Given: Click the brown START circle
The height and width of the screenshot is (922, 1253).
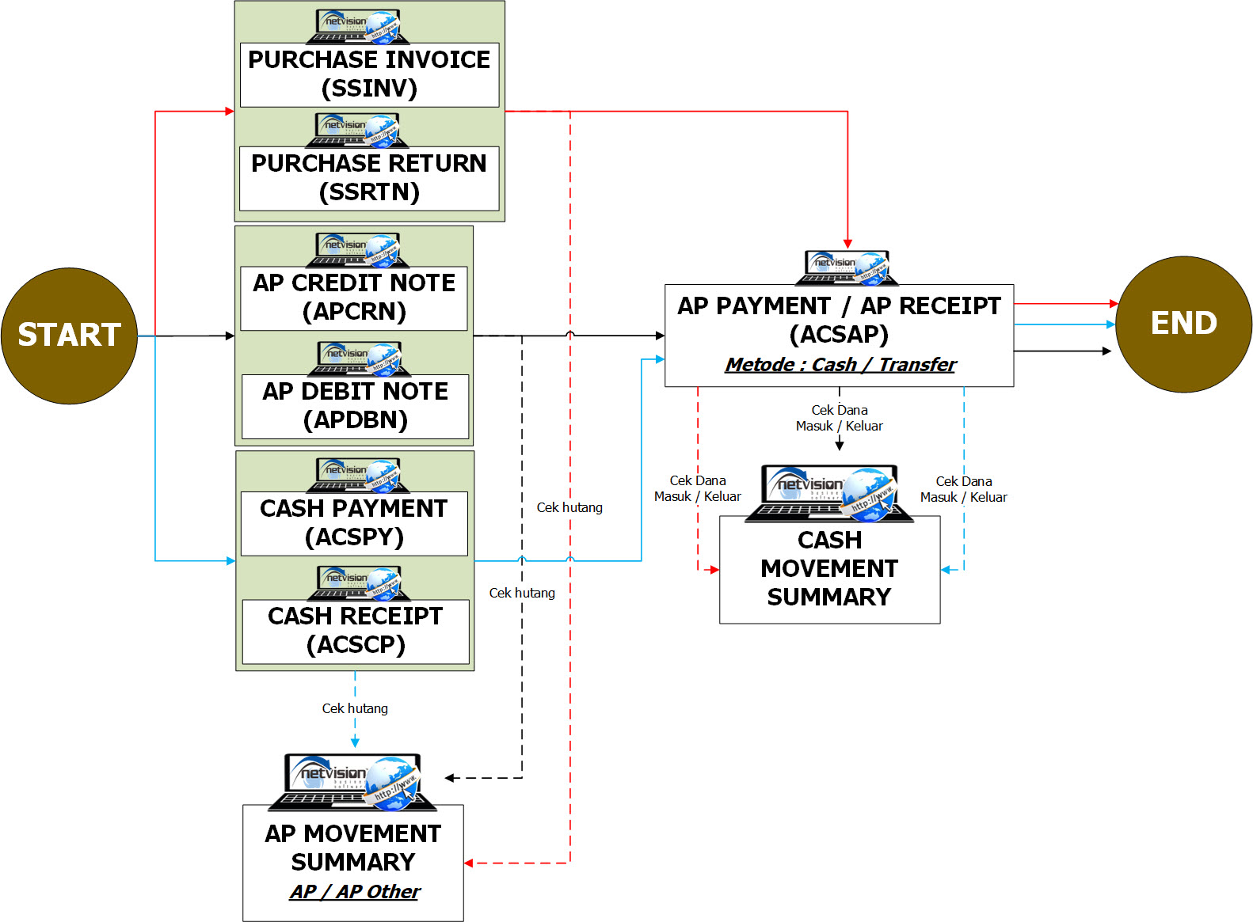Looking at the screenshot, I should [x=69, y=336].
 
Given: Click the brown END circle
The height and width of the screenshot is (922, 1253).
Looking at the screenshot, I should [x=1183, y=324].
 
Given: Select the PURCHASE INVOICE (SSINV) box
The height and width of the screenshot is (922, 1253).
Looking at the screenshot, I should [x=369, y=74].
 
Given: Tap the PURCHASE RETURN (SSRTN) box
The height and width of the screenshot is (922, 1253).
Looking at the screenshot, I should [x=369, y=178].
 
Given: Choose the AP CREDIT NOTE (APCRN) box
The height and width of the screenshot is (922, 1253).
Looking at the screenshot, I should [x=354, y=298].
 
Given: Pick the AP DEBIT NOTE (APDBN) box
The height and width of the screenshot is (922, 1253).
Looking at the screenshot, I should [x=355, y=406].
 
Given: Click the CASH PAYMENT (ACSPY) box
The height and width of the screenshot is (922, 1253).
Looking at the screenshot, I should [x=354, y=523].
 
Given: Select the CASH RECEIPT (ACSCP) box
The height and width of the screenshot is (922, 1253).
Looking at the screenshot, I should [x=356, y=631].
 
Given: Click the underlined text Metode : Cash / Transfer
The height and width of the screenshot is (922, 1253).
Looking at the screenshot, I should [x=840, y=365].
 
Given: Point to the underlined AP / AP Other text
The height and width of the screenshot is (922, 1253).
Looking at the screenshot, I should [x=354, y=892].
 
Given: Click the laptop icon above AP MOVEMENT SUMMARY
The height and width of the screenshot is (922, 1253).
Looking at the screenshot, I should [x=352, y=782].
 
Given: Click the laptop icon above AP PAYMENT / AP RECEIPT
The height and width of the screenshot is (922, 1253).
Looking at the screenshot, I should [x=847, y=267].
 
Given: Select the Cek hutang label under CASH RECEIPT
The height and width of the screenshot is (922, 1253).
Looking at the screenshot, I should [x=355, y=708].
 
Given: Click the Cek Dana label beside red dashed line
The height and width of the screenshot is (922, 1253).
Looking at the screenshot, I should [x=698, y=488].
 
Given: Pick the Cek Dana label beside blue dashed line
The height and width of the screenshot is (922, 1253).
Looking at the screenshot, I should [x=963, y=489].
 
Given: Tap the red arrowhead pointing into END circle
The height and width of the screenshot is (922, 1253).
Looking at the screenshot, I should [x=1114, y=303].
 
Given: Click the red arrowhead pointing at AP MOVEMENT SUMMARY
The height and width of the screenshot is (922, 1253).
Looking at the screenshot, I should [x=469, y=863].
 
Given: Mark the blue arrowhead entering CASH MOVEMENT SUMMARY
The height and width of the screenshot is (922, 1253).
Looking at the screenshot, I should [x=946, y=569].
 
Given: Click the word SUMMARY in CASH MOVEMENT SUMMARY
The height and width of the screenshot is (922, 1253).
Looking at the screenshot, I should [x=829, y=598].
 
